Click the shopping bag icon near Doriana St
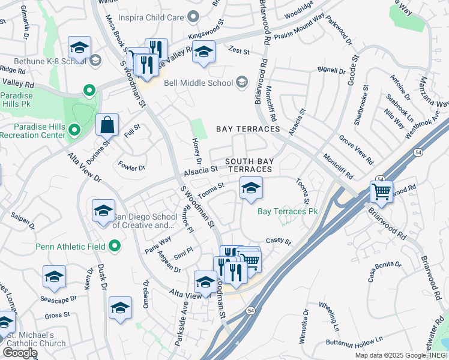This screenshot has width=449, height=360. (107, 125)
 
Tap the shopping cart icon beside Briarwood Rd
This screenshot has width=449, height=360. (381, 191)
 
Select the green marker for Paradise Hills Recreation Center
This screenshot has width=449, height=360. (74, 130)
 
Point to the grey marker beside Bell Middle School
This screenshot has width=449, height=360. (242, 82)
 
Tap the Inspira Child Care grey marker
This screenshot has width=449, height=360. (192, 18)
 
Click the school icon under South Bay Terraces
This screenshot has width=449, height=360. (251, 188)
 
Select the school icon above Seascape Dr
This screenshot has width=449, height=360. (54, 277)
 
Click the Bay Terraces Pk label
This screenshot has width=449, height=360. (287, 211)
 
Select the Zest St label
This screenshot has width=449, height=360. (238, 52)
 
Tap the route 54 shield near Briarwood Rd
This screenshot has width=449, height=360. (381, 179)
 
